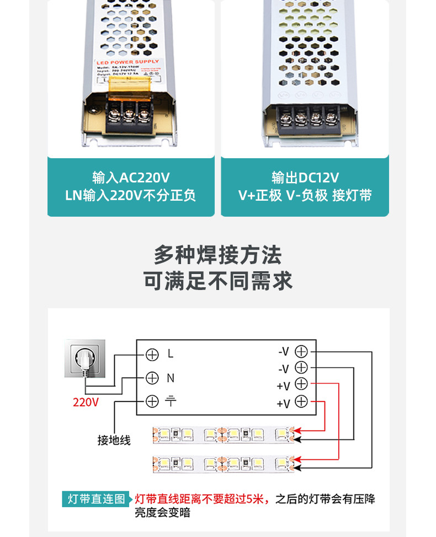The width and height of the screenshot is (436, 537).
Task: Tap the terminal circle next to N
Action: [x=152, y=378]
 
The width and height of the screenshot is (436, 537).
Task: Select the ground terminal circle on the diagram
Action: [x=152, y=401]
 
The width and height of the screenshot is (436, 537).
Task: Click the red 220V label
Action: [x=86, y=402]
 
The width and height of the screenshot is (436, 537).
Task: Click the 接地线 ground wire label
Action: [x=114, y=440]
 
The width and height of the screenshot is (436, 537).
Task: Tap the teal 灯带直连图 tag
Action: [x=97, y=500]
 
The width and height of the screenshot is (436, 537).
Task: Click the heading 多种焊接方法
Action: [x=217, y=255]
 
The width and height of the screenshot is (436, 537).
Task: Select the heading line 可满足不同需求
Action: [x=217, y=281]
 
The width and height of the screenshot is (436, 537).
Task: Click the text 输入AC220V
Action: [x=131, y=178]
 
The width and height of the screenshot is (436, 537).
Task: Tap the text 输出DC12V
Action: [x=305, y=178]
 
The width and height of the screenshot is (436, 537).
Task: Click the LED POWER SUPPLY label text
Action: [x=127, y=62]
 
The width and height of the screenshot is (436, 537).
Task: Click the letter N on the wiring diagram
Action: [x=171, y=378]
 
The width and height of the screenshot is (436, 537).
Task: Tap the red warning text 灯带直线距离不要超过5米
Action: [x=202, y=500]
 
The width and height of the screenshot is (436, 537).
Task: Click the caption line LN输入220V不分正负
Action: [x=131, y=196]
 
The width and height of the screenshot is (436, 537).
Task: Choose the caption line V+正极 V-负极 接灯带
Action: [x=305, y=196]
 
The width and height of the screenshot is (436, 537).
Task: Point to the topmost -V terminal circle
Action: [x=301, y=351]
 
